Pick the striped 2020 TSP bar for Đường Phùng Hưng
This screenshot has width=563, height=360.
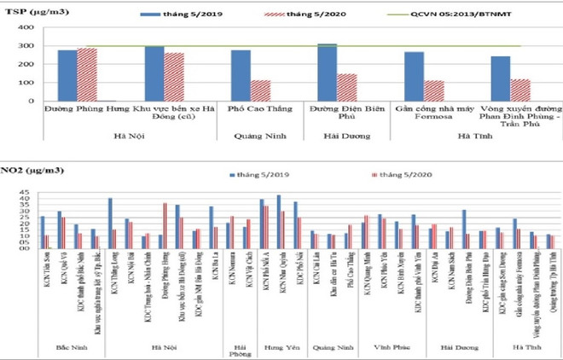click(88, 74)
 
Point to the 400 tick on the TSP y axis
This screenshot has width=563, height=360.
click(25, 26)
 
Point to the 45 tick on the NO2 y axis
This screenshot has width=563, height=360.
click(26, 193)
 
